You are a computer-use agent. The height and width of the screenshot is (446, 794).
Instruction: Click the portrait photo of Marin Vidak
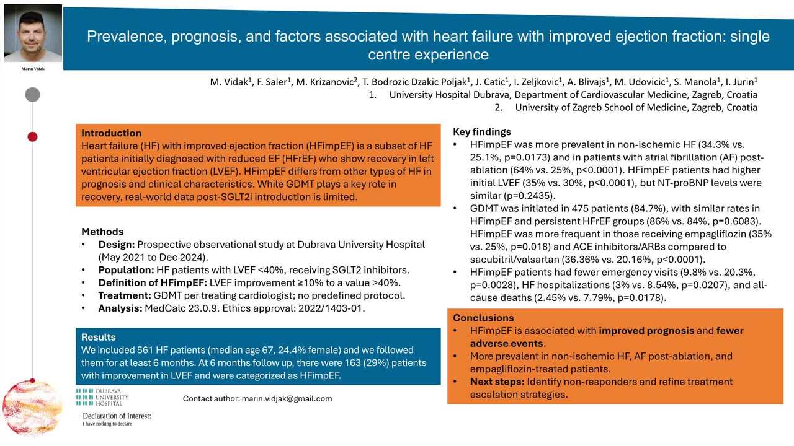tap(33, 33)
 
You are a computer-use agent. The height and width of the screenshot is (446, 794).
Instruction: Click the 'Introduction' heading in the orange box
tap(111, 133)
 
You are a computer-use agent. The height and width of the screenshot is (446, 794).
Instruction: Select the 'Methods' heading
tap(102, 231)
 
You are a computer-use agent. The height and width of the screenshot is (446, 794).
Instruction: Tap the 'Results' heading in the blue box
tap(98, 337)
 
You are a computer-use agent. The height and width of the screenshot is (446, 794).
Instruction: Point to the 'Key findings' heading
tap(482, 131)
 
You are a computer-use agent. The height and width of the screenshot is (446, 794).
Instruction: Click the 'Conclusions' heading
tap(483, 317)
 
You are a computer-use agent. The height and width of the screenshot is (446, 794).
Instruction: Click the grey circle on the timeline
tap(32, 95)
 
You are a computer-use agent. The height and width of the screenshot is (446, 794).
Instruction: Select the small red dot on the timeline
tap(32, 136)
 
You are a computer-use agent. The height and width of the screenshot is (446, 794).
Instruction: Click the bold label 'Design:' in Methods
tap(116, 244)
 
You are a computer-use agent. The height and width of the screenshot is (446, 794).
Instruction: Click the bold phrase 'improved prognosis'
tap(646, 330)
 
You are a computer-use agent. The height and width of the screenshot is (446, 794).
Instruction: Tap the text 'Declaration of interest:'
tap(117, 416)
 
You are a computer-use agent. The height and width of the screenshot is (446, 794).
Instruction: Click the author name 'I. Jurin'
tap(742, 81)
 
